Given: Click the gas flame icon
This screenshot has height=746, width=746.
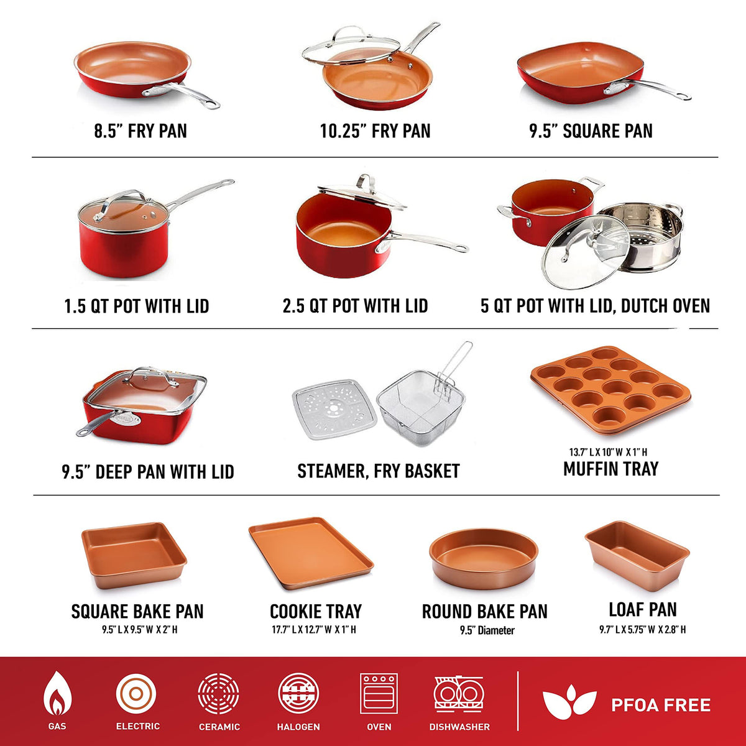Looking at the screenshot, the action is (x=57, y=693).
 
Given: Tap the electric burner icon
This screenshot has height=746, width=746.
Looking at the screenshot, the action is (x=136, y=694).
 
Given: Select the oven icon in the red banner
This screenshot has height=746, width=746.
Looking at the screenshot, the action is (x=379, y=693).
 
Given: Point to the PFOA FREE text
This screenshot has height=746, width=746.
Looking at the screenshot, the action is (x=661, y=705).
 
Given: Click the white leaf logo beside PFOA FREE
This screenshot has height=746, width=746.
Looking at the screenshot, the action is (x=569, y=701).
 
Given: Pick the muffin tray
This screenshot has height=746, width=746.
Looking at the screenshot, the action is (x=610, y=390).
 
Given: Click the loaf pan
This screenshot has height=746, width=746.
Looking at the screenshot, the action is (x=637, y=555).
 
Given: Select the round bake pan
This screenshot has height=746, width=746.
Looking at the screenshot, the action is (x=484, y=558).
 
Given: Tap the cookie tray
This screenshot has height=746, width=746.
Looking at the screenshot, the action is (x=311, y=553).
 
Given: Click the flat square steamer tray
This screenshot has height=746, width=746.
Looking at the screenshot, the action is (x=334, y=409).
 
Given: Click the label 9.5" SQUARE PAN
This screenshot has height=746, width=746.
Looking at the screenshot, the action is (x=591, y=131).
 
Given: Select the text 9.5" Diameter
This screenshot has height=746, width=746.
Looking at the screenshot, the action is (x=487, y=630).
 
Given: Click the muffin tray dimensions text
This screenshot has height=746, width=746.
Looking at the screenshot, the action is (x=608, y=452).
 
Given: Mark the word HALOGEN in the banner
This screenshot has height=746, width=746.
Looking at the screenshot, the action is (x=298, y=727).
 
